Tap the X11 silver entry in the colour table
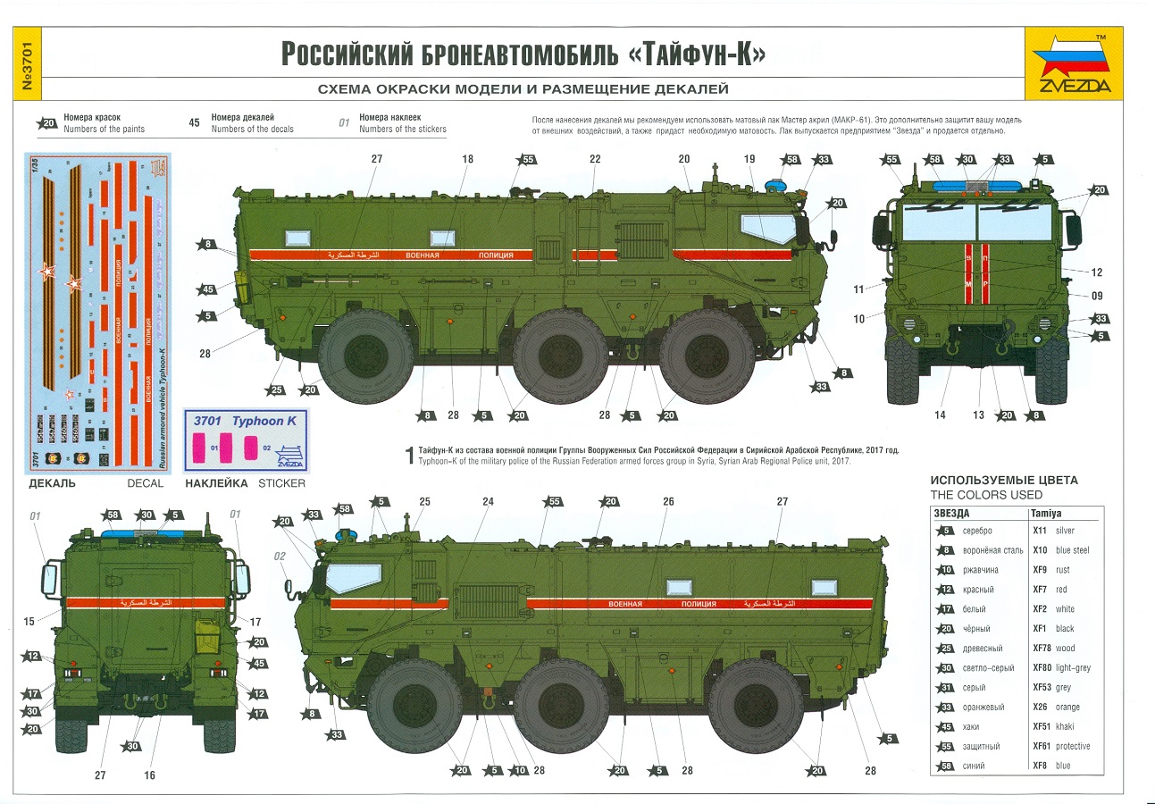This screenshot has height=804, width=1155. click(1053, 531)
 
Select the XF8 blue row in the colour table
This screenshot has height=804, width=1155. click(1015, 766)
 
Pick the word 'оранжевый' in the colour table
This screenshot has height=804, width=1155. click(983, 708)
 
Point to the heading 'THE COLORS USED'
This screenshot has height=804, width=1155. click(986, 495)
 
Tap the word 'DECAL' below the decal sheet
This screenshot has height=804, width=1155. click(145, 483)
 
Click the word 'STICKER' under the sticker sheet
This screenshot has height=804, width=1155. click(281, 483)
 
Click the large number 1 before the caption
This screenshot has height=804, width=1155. click(410, 456)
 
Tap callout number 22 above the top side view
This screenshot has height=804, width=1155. click(595, 158)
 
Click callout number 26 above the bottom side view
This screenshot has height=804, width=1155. click(668, 502)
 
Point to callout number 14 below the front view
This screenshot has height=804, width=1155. click(939, 415)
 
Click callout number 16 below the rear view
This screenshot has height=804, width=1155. click(149, 775)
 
